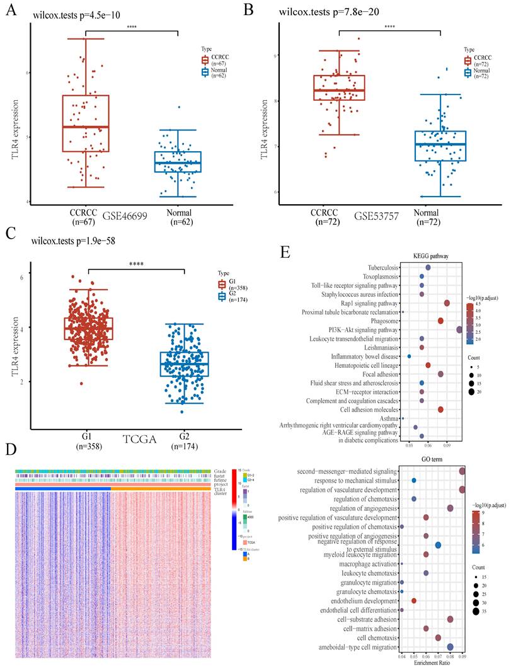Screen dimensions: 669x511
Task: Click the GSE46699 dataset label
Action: click(112, 216)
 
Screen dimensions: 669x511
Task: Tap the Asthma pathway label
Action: click(388, 418)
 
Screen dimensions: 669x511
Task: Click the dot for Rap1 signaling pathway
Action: click(447, 303)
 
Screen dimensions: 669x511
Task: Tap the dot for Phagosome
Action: click(440, 321)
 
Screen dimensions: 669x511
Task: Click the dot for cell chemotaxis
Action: click(438, 638)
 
